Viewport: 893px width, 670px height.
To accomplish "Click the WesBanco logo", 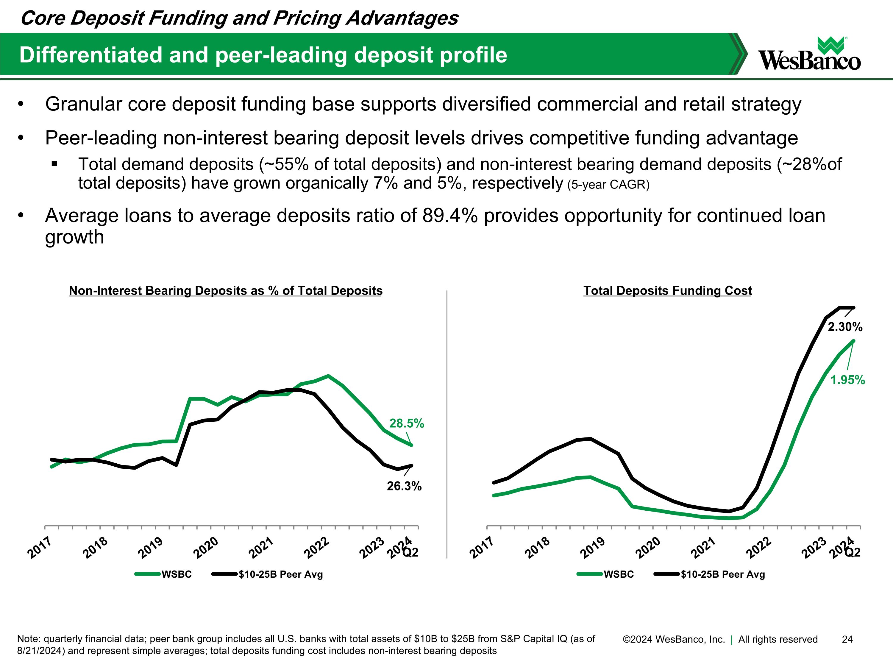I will pyautogui.click(x=809, y=54).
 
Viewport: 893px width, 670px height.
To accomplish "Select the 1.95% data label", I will pyautogui.click(x=847, y=380).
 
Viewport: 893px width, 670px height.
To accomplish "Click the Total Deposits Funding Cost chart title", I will pyautogui.click(x=667, y=291).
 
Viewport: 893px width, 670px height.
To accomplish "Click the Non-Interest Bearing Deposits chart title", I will pyautogui.click(x=225, y=291).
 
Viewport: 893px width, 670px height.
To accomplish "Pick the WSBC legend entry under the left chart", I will pyautogui.click(x=177, y=574).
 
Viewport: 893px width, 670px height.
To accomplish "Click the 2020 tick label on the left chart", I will pyautogui.click(x=206, y=548).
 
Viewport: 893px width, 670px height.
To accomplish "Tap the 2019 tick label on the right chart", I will pyautogui.click(x=593, y=548).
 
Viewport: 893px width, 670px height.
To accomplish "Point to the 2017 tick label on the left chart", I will pyautogui.click(x=40, y=548).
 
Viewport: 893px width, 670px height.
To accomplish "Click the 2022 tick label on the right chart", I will pyautogui.click(x=759, y=548).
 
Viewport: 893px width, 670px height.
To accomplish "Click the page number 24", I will pyautogui.click(x=847, y=639).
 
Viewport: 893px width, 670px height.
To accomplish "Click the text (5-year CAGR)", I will pyautogui.click(x=608, y=185).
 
